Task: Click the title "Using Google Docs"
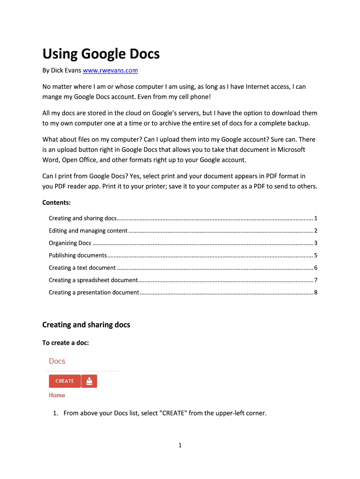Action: click(101, 54)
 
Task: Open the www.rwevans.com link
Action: click(110, 71)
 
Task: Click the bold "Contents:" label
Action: click(57, 203)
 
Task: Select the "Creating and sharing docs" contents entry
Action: click(83, 218)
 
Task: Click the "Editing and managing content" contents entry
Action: click(88, 231)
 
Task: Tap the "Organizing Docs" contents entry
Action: click(70, 243)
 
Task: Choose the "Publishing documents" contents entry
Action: click(78, 255)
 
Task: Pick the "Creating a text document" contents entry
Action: click(82, 268)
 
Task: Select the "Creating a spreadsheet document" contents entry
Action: click(93, 280)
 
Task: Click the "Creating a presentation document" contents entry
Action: click(94, 292)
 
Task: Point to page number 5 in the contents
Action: click(316, 255)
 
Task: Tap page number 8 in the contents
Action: click(316, 292)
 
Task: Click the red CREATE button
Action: click(65, 381)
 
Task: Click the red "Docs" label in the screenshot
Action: click(57, 361)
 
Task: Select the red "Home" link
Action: click(57, 395)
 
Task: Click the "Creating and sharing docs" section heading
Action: click(86, 325)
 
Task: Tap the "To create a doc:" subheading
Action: click(65, 343)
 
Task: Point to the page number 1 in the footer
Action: click(180, 445)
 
